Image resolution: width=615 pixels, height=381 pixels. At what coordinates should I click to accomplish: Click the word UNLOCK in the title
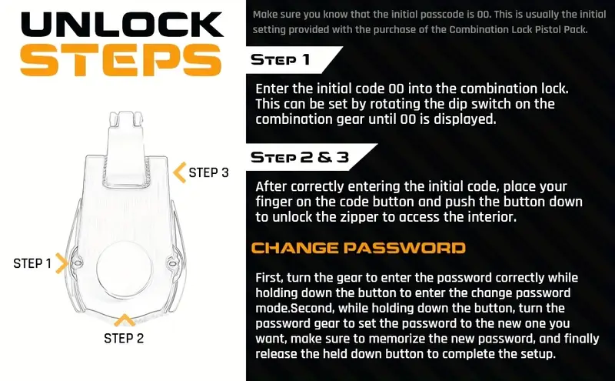[x=122, y=25]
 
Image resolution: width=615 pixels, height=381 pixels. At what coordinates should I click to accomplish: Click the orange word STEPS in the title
[x=121, y=60]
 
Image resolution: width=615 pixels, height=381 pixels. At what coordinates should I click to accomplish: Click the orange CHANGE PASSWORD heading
[x=358, y=248]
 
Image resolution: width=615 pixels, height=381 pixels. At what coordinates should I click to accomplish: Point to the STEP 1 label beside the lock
[x=32, y=263]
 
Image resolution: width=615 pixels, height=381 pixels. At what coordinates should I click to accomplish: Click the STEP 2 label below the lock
[x=124, y=338]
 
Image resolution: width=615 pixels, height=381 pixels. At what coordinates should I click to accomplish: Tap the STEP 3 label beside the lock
[x=208, y=172]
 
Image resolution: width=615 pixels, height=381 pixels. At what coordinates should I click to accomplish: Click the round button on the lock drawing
[x=124, y=269]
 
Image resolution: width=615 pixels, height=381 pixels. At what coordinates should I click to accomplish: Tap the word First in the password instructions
[x=270, y=278]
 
